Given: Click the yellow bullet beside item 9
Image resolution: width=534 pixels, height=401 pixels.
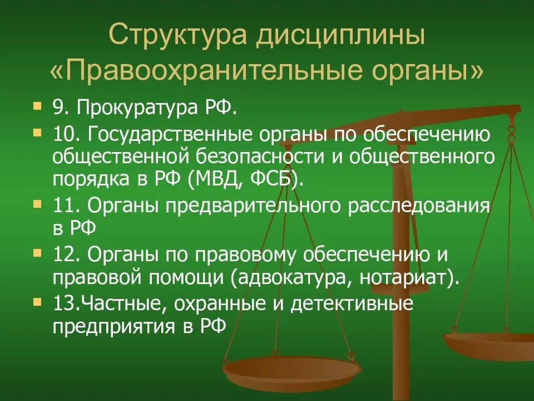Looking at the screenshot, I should point(37,105).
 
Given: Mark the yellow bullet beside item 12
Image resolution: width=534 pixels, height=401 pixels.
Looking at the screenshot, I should point(37,253).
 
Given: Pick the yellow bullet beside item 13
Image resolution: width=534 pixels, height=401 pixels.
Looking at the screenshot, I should point(37,302).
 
